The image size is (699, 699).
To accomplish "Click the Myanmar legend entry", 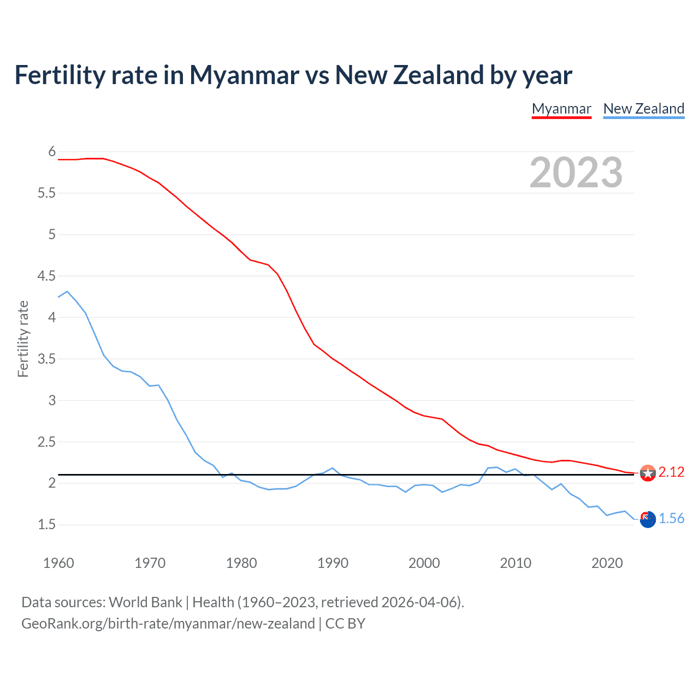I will (561, 109).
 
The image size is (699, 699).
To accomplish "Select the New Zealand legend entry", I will (643, 109).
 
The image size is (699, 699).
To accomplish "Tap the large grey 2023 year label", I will (576, 173).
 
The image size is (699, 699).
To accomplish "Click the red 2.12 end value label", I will (671, 472).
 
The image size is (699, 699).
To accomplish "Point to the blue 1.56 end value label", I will (671, 519).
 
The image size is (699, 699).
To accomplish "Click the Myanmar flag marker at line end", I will (648, 473).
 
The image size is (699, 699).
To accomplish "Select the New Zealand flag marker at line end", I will (648, 520).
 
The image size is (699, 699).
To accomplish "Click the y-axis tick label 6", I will (52, 152).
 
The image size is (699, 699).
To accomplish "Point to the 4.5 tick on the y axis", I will (46, 276).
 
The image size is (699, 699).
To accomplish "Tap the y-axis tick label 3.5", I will (46, 359).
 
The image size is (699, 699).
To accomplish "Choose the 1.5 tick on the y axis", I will (46, 525).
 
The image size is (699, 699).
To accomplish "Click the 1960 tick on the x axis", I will (58, 563).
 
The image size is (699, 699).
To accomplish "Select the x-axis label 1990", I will (333, 563).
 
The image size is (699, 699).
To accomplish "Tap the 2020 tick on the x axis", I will (607, 563).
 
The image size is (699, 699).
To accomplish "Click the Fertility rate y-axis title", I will (23, 339).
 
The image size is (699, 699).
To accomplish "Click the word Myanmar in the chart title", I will (244, 75).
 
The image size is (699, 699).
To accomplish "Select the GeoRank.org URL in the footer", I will (168, 624).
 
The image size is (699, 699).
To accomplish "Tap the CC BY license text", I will (345, 624).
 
